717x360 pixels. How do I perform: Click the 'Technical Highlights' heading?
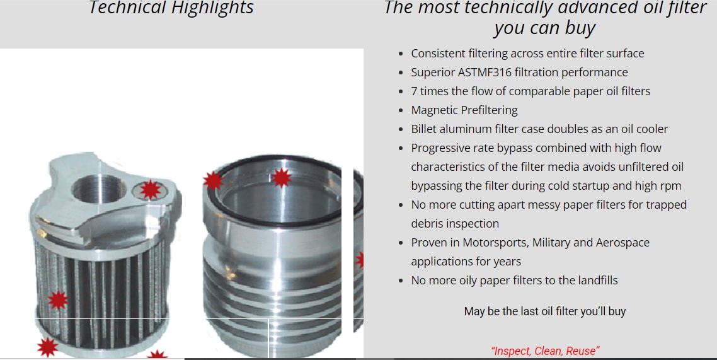[171, 8]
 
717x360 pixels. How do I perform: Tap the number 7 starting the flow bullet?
[414, 91]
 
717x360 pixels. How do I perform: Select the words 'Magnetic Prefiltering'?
[464, 110]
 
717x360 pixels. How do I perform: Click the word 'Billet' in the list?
[423, 129]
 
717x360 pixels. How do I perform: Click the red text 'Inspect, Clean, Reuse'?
[545, 351]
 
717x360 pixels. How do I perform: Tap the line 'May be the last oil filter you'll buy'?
[545, 311]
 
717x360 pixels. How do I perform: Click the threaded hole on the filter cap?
[99, 188]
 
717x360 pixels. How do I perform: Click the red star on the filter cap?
[150, 189]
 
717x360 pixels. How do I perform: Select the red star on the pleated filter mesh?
[57, 300]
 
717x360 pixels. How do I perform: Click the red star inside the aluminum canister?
[281, 178]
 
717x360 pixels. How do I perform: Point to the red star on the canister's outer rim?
[213, 181]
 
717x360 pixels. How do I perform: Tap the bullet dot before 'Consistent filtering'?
[401, 54]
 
